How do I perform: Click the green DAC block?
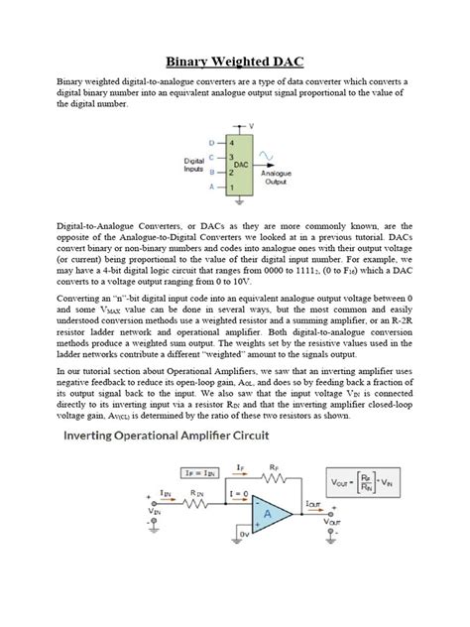(237, 163)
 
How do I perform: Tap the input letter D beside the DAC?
(211, 143)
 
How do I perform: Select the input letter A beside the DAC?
(211, 187)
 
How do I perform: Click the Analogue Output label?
(275, 177)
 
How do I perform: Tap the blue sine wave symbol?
(266, 156)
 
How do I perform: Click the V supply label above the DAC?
(251, 126)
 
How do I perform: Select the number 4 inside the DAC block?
(230, 143)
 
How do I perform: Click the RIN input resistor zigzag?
(200, 506)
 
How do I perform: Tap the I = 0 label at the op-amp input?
(238, 493)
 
